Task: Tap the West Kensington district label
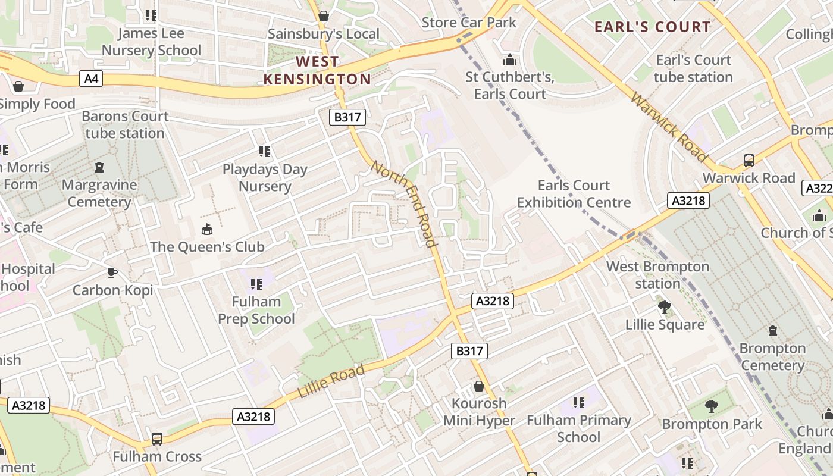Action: (317, 70)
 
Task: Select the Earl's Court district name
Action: (653, 27)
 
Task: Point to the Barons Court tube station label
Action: (125, 124)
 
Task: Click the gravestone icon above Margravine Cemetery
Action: (99, 167)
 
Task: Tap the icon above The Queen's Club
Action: (206, 229)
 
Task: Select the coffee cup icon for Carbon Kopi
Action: (112, 273)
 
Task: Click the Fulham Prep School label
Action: (256, 310)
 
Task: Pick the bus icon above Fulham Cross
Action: (156, 439)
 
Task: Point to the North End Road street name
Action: (404, 203)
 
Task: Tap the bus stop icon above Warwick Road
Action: (749, 161)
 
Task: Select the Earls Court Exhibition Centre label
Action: (574, 194)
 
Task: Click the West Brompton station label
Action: (657, 275)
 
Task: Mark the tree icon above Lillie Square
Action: (665, 307)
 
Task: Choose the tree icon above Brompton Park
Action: (711, 406)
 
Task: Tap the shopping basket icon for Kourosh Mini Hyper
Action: (479, 387)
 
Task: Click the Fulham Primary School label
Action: (578, 428)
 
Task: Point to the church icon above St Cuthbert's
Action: (510, 60)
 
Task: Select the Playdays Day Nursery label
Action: (265, 177)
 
